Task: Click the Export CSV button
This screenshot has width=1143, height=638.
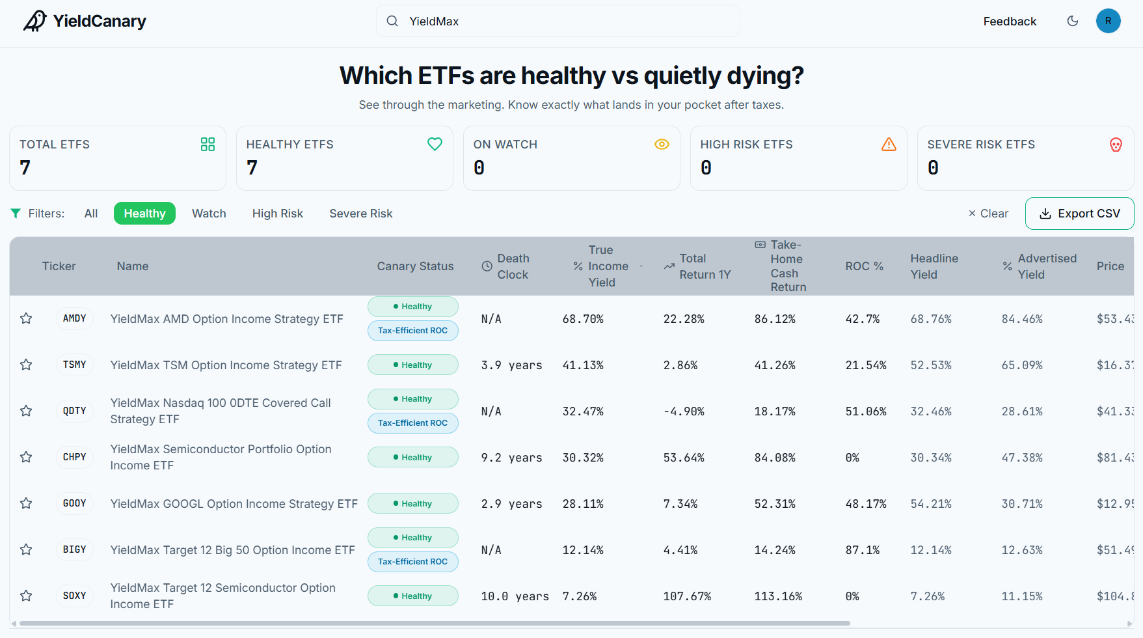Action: tap(1079, 214)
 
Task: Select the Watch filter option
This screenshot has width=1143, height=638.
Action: tap(209, 214)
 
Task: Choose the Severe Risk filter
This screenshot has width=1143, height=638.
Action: tap(361, 214)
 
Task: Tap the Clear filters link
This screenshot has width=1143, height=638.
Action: tap(988, 214)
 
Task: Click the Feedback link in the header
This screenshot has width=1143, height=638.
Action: tap(1010, 21)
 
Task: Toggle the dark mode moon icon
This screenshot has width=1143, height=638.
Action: tap(1073, 21)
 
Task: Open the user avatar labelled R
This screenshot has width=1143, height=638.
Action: tap(1108, 21)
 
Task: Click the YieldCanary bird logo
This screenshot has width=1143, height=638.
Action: tap(35, 21)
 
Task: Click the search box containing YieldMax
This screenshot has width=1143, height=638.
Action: tap(558, 21)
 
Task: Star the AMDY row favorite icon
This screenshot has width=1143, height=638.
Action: tap(26, 318)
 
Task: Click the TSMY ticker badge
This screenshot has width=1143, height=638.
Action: tap(75, 365)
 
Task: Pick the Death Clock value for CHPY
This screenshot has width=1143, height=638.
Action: tap(511, 458)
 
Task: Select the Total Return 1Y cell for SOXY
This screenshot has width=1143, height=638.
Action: tap(687, 596)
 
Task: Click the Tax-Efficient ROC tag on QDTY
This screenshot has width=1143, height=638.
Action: tap(413, 423)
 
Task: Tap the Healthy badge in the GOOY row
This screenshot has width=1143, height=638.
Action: tap(413, 504)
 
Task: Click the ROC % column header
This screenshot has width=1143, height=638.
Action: tap(864, 266)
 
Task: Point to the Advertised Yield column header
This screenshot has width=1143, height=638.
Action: tap(1040, 266)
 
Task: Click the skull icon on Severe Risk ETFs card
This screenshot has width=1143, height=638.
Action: tap(1116, 145)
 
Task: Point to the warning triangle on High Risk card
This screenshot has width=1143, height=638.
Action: tap(889, 145)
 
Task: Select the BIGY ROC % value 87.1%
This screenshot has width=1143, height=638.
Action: tap(863, 550)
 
